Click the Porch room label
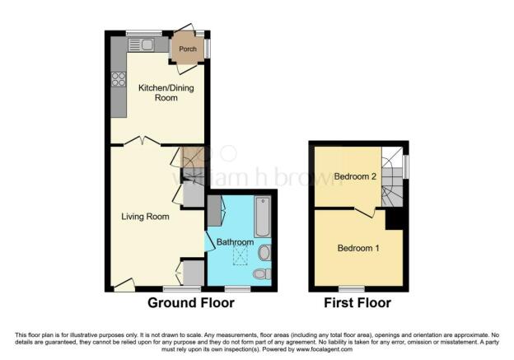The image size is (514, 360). pos(188,49)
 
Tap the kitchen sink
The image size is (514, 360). pos(141,45)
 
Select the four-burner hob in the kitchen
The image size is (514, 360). pos(119,79)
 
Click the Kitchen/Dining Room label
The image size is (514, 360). pos(166,92)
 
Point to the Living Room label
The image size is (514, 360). pos(145,217)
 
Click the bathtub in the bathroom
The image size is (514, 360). pos(263,217)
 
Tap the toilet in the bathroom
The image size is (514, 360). pos(262,274)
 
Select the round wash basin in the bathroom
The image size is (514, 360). pos(264,253)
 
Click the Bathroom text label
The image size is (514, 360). pos(235,242)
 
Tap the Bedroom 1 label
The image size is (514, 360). pos(358,248)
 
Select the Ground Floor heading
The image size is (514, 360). pos(191,302)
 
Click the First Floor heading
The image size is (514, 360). pos(357,302)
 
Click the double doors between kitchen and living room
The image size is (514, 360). pos(142,141)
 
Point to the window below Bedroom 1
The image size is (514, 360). pos(352,289)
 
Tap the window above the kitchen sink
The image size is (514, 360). pos(144,33)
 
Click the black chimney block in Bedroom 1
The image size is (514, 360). pos(394,220)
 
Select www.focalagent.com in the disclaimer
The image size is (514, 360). pos(325,349)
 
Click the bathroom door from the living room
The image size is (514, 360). pos(209,241)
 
